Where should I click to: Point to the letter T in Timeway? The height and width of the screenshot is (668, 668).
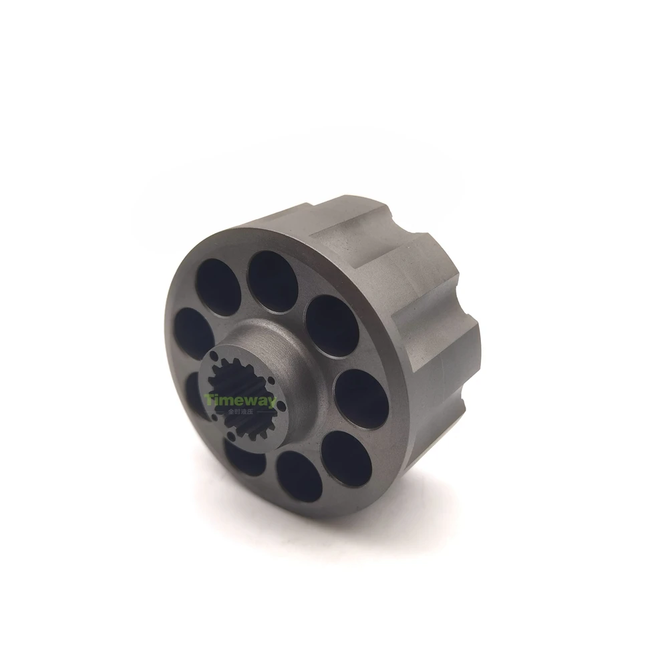[208, 400]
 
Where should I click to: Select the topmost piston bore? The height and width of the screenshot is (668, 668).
[273, 282]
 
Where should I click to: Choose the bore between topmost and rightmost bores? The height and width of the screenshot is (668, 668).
[332, 325]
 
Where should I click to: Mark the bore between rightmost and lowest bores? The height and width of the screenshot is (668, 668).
[345, 456]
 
